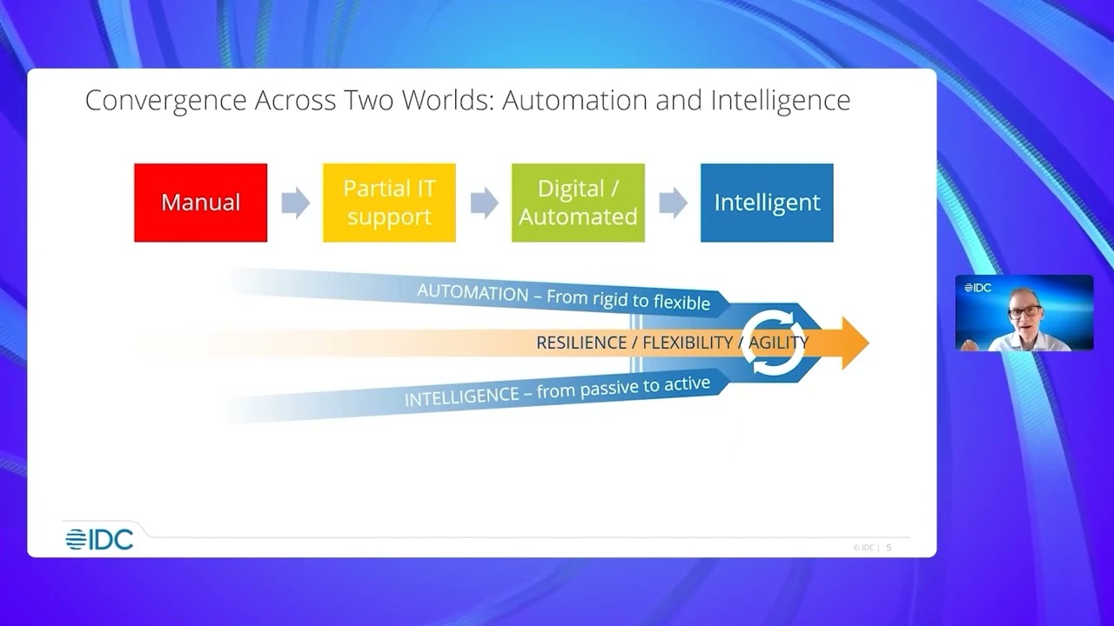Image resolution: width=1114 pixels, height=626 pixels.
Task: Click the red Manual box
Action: (200, 203)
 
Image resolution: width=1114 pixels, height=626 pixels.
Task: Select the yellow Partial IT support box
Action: (389, 203)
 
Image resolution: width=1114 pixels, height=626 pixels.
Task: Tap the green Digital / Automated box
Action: (578, 203)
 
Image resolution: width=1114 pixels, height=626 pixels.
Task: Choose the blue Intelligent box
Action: (767, 203)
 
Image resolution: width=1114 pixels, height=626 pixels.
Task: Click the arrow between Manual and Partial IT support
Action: (295, 203)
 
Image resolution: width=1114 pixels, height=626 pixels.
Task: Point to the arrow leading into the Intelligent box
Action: (673, 203)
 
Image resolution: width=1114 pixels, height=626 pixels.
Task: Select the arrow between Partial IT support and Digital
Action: (484, 203)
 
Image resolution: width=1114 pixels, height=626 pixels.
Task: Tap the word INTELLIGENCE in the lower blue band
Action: (461, 397)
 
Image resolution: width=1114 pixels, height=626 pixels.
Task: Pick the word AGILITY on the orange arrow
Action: (778, 343)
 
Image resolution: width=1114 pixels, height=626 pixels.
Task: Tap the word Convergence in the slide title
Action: (164, 101)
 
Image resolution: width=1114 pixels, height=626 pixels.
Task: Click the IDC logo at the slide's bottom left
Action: (99, 540)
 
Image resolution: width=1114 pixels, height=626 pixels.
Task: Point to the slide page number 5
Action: (889, 548)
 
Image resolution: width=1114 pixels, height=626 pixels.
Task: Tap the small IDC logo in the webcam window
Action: (977, 288)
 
